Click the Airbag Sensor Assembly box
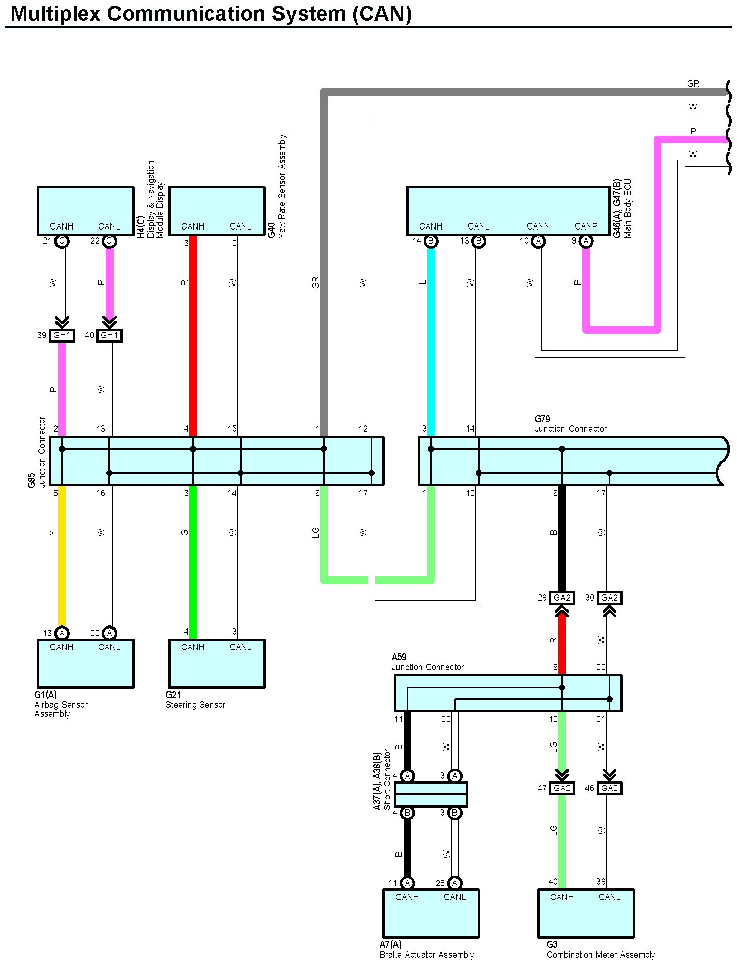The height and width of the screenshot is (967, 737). click(86, 663)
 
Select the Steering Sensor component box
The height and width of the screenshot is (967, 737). click(217, 663)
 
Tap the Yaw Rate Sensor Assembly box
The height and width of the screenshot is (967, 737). click(217, 211)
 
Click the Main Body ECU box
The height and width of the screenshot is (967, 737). click(508, 211)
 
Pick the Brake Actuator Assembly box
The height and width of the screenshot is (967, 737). click(431, 914)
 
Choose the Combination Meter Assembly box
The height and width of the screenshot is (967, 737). click(586, 914)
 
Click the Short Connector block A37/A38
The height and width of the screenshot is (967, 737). click(431, 794)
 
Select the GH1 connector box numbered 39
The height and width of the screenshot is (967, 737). click(62, 335)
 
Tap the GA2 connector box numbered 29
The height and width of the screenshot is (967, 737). click(562, 598)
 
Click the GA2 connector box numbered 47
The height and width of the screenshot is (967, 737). click(562, 788)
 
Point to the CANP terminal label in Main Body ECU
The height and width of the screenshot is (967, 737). click(586, 226)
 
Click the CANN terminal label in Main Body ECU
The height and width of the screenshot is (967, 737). click(538, 226)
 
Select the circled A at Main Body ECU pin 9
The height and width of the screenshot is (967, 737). click(586, 241)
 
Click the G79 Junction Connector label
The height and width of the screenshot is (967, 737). click(571, 424)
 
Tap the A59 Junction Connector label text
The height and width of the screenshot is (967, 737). click(428, 662)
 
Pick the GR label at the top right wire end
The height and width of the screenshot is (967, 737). click(693, 84)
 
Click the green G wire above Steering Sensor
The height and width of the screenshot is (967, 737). click(193, 562)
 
